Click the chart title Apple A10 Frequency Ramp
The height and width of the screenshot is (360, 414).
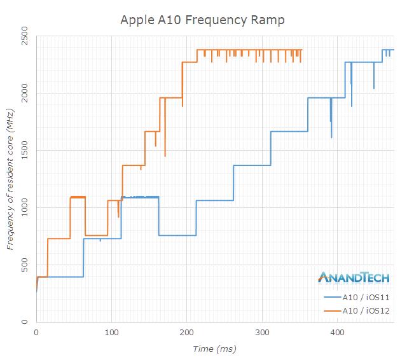click(x=203, y=20)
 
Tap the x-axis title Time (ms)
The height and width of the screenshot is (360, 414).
click(x=214, y=349)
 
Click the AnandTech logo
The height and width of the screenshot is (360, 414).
click(x=354, y=277)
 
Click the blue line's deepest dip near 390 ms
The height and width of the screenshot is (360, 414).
click(x=331, y=136)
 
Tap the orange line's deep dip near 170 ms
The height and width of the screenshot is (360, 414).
click(x=165, y=155)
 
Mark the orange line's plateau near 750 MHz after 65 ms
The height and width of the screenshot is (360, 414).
click(x=96, y=235)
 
